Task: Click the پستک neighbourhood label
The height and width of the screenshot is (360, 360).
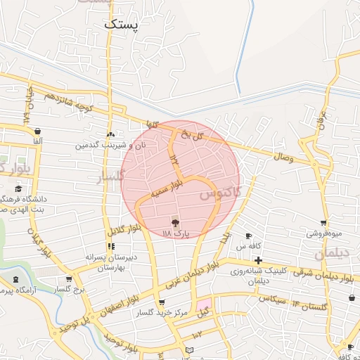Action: point(122,24)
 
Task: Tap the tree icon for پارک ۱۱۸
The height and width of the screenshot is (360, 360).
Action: point(174,222)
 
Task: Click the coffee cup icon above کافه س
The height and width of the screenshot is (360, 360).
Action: point(248,236)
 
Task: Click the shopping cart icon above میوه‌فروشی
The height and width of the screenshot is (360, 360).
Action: point(323,223)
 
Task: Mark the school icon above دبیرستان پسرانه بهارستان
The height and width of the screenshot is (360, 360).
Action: point(110,247)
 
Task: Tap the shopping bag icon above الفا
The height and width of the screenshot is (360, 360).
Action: point(37,131)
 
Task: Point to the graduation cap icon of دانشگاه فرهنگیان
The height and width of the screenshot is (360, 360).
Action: point(18,188)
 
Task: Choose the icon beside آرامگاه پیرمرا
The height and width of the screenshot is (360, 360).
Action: point(15,279)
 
